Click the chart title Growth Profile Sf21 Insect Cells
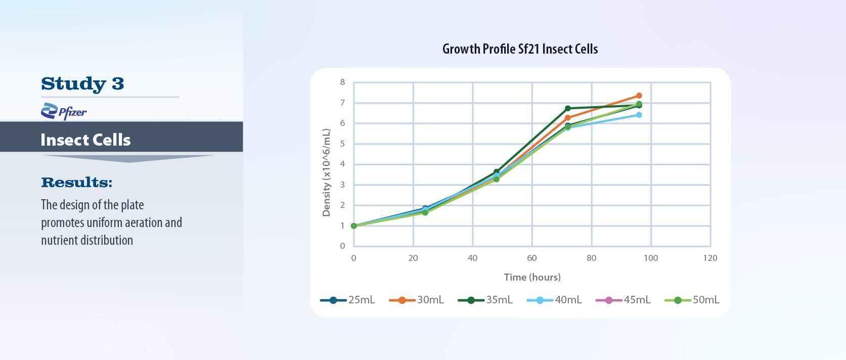[520, 49]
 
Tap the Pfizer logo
[64, 111]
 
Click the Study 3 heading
[82, 83]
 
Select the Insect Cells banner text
[85, 140]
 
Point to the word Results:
[76, 182]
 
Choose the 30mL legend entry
[417, 300]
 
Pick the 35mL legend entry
[485, 300]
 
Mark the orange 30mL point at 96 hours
[639, 96]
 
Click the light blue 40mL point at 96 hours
[639, 115]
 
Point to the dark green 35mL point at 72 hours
[568, 108]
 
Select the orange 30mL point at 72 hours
[568, 118]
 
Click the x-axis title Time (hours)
[532, 277]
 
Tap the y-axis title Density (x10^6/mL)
[326, 172]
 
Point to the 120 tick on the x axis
[710, 258]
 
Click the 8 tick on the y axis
[342, 82]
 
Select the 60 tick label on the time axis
[531, 258]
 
